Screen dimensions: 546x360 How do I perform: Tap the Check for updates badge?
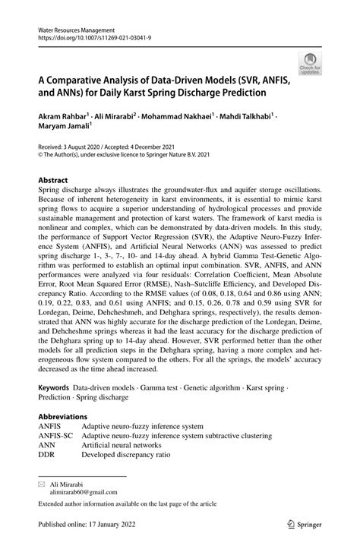click(x=309, y=64)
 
